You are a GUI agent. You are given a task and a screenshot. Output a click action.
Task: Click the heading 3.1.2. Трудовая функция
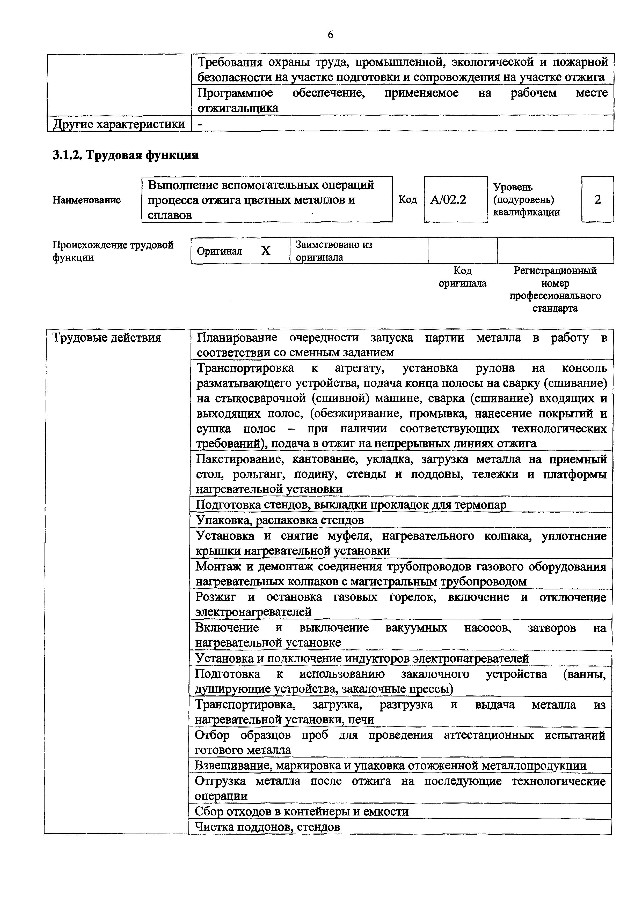(125, 155)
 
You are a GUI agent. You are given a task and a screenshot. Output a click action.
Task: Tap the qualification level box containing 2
(597, 199)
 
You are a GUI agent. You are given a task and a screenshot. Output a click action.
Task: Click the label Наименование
(86, 200)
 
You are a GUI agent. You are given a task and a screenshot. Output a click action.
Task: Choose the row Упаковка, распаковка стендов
(280, 520)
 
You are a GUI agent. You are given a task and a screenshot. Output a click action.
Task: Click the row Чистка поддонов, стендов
(268, 827)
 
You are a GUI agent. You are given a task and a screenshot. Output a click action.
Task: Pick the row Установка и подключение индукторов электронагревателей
(362, 658)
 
